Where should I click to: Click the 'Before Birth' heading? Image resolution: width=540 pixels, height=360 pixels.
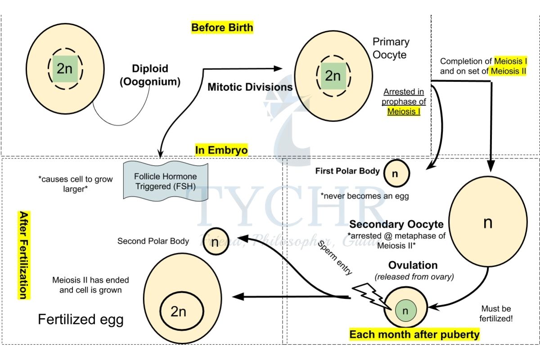click(x=222, y=27)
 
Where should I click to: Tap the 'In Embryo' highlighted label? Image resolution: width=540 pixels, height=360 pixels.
click(x=221, y=150)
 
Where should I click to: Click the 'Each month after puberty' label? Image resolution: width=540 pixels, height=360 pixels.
click(x=414, y=335)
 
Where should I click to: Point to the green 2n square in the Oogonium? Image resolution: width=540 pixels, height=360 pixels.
click(x=65, y=69)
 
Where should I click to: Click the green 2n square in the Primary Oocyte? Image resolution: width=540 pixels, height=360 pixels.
click(x=333, y=76)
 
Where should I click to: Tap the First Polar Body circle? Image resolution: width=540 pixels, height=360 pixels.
click(x=396, y=173)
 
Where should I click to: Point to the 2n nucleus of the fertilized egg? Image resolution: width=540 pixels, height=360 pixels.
click(x=179, y=311)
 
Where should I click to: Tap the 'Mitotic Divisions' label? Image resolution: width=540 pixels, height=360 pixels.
click(x=250, y=87)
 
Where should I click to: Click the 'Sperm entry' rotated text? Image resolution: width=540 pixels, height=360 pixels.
click(x=335, y=256)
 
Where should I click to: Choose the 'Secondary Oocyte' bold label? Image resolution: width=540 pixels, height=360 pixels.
click(x=396, y=224)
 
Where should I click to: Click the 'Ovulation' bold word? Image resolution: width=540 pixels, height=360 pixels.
click(x=413, y=265)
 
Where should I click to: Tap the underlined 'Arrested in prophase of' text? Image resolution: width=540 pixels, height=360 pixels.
click(x=404, y=97)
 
